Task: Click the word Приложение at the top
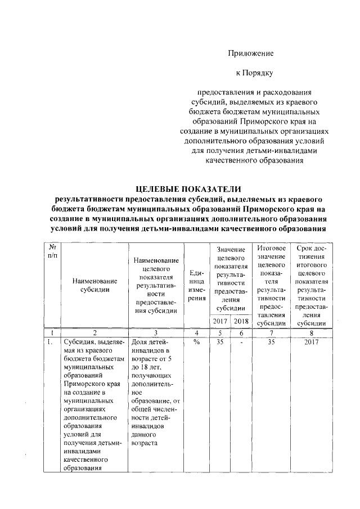[250, 53]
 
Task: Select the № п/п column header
[52, 251]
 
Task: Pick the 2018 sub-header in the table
[241, 321]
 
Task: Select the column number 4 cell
[197, 333]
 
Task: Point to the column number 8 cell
[310, 333]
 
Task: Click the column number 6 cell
[241, 333]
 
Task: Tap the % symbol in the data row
[197, 342]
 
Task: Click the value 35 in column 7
[272, 342]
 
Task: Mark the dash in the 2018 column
[241, 342]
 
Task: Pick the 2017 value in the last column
[310, 342]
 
